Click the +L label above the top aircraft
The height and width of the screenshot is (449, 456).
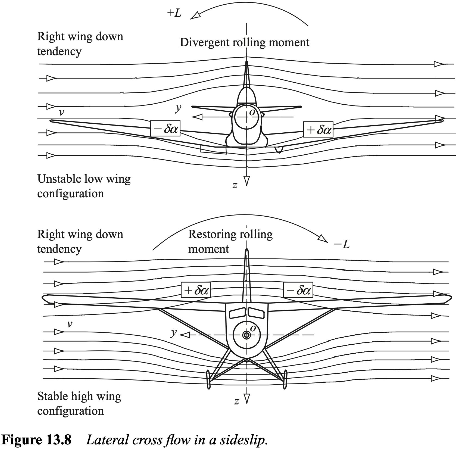click(174, 13)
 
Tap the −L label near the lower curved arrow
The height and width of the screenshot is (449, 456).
click(342, 245)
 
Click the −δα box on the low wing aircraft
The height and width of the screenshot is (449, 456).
click(165, 129)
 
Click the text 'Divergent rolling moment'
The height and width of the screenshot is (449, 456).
click(244, 43)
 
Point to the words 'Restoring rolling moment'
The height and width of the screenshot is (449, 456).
click(230, 241)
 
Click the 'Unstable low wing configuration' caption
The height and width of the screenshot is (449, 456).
click(84, 186)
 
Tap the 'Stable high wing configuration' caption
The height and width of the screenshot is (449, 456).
click(79, 403)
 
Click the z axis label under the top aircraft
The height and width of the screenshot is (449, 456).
click(235, 185)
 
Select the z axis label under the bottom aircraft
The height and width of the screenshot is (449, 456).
click(237, 401)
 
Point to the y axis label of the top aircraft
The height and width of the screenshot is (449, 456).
click(178, 108)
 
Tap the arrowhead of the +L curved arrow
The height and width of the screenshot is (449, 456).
click(195, 16)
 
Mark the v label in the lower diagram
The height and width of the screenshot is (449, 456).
click(70, 324)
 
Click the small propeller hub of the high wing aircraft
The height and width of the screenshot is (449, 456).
click(246, 335)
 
